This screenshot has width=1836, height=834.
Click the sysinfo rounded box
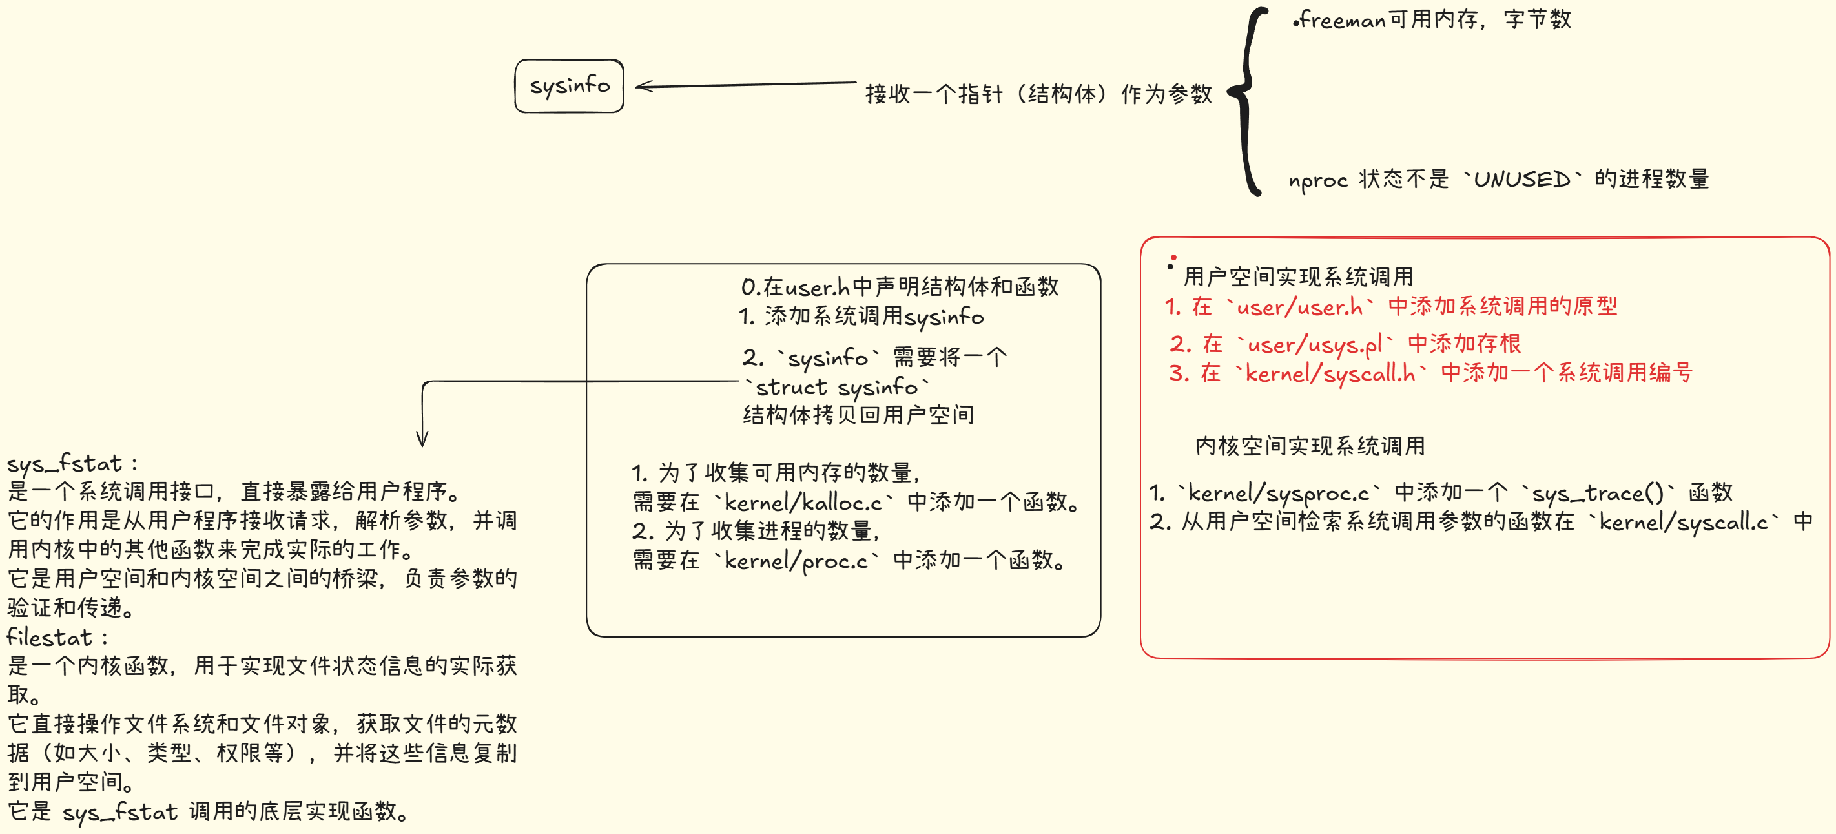[569, 87]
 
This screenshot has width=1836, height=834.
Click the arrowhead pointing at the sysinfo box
[641, 87]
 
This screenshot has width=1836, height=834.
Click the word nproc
[1317, 180]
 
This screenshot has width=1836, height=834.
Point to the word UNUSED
[1521, 180]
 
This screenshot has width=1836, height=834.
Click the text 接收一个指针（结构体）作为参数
[1038, 94]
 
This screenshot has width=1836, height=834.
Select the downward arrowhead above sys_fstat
[422, 439]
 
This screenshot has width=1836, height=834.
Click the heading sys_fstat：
[72, 463]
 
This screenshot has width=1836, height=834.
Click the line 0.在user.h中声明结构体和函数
[900, 287]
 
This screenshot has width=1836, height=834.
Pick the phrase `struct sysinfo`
[837, 387]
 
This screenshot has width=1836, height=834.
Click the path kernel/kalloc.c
[803, 503]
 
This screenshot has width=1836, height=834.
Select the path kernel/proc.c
[796, 561]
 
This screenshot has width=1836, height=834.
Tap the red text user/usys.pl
[1315, 345]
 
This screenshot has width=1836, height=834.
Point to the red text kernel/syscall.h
[1329, 373]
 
